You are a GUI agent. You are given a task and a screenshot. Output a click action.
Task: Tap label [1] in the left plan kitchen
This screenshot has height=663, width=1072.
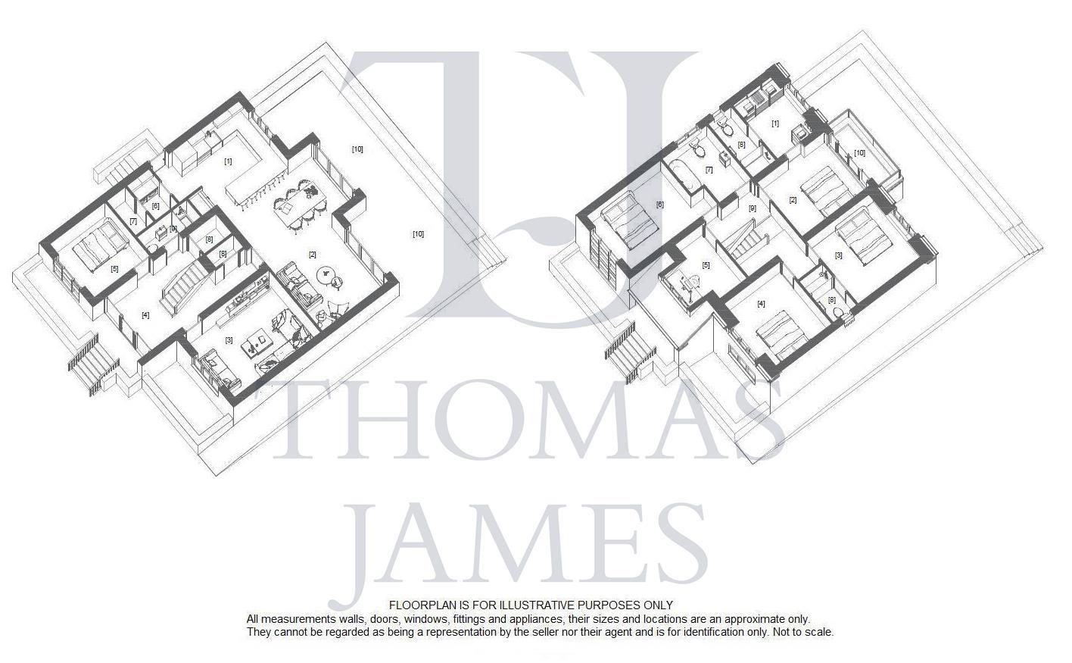(228, 161)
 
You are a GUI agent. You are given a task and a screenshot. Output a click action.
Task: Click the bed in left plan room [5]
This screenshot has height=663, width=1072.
(96, 245)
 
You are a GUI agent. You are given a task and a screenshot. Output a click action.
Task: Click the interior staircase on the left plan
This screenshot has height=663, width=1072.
(182, 286)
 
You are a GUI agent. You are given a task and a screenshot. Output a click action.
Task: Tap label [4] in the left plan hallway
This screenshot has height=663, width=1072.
(145, 315)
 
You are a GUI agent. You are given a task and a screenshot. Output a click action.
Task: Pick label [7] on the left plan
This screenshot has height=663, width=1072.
(133, 221)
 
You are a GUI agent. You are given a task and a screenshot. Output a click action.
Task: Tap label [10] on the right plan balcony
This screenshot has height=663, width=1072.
(859, 153)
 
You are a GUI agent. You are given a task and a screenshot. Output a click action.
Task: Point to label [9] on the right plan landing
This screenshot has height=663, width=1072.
(753, 208)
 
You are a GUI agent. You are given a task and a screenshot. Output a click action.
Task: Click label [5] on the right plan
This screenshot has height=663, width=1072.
(706, 265)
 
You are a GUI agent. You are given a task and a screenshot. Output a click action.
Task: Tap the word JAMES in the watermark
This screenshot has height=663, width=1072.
(530, 542)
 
